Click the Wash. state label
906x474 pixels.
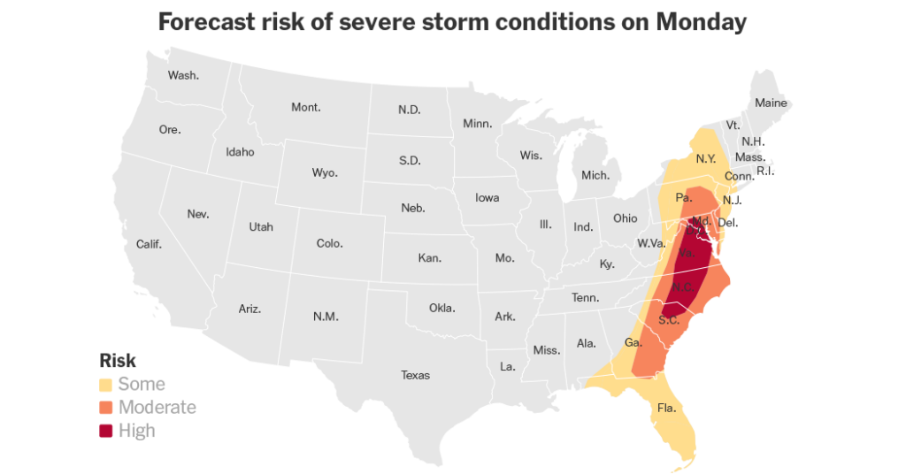[183, 75]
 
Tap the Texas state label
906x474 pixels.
[415, 375]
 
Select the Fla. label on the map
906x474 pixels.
[666, 409]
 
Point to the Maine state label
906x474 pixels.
[771, 103]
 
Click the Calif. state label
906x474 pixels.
[149, 244]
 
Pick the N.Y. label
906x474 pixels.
[705, 159]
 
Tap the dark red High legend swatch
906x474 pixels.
[106, 431]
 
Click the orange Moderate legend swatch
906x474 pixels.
[106, 408]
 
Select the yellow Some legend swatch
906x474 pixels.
[106, 385]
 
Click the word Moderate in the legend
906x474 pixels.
[157, 408]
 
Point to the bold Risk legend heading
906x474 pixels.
[118, 361]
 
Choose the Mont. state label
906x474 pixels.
[306, 108]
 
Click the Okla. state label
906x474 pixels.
[441, 309]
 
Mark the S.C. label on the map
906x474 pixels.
[669, 320]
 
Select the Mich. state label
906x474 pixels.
[595, 175]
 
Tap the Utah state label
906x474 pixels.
[261, 227]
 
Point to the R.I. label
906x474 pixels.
[765, 171]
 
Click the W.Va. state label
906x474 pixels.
[650, 243]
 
